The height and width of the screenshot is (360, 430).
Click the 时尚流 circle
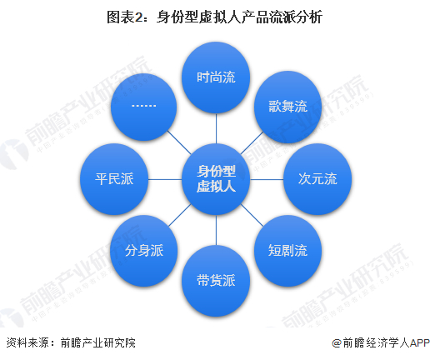tap(216, 77)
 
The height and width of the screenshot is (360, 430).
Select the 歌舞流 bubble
tap(288, 107)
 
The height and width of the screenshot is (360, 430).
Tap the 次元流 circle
tap(317, 179)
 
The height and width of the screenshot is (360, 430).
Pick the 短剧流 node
tap(288, 251)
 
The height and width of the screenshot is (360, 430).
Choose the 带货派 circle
tap(216, 281)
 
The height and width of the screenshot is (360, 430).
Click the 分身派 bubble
tap(144, 251)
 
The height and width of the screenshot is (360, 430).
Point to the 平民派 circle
tap(114, 179)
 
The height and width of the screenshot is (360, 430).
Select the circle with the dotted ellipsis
tap(144, 107)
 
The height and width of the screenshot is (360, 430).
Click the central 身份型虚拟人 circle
tap(216, 179)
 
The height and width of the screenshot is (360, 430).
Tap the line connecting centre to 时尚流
tap(216, 128)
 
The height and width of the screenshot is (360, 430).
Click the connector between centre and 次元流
tap(267, 179)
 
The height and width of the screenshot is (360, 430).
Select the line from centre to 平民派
tap(165, 179)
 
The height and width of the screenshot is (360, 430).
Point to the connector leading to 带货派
tap(216, 230)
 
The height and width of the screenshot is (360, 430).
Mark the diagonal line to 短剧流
tap(252, 215)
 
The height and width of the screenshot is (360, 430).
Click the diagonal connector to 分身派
tap(180, 215)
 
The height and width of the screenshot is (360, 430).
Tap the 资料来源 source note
tap(71, 342)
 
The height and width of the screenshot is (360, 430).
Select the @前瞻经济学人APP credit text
tap(381, 342)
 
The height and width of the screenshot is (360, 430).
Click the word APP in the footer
tap(420, 342)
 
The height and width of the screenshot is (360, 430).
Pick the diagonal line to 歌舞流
tap(252, 143)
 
